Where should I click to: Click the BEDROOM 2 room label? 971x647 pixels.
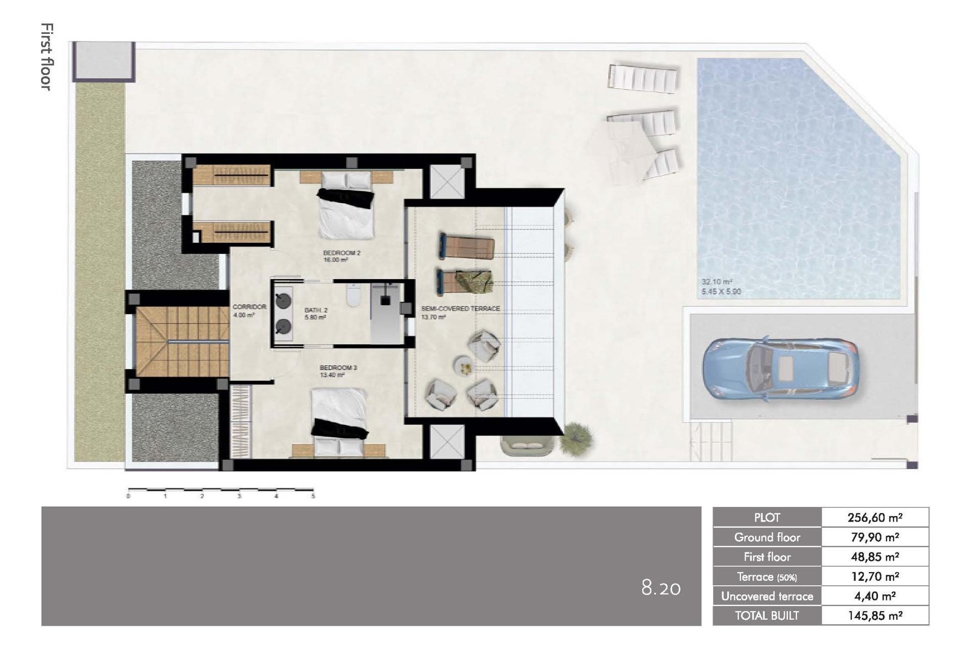coord(341,253)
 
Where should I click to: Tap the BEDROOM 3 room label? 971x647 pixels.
coord(338,367)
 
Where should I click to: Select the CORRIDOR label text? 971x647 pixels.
coord(249,307)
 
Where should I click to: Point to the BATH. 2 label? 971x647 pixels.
coord(316,310)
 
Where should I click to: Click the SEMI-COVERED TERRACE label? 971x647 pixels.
coord(460,308)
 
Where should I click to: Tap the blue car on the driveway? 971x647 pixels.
coord(779,369)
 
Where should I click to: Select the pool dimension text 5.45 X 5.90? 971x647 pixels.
coord(721,292)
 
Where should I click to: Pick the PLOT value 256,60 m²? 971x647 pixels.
coord(875,518)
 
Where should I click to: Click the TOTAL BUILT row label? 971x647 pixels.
coord(767,616)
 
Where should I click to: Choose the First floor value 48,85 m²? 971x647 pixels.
coord(875,557)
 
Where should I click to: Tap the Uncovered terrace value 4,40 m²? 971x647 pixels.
coord(875,596)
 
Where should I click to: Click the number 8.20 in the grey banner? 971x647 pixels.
coord(661,588)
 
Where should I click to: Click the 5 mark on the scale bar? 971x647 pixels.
coord(313,496)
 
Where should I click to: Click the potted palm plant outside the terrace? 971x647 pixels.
coord(576,434)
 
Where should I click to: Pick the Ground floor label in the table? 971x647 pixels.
coord(767,537)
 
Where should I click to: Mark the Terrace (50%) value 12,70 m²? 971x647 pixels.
coord(875,577)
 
